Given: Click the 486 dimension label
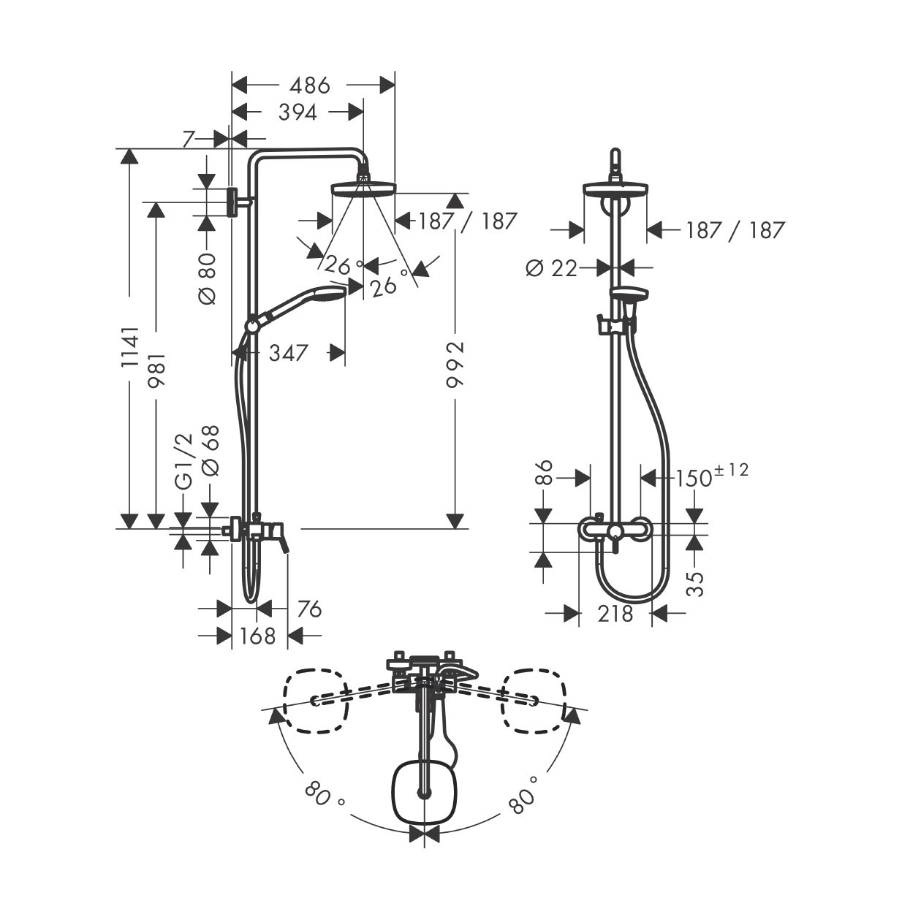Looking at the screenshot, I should [x=309, y=85].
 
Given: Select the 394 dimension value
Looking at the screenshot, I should [x=297, y=113].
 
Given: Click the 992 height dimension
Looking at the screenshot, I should [x=455, y=365].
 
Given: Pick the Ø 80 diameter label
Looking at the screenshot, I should [x=208, y=278].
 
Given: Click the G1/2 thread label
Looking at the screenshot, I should [x=183, y=460].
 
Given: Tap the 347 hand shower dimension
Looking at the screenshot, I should [x=288, y=354].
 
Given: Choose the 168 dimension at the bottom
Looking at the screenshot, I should [x=258, y=636].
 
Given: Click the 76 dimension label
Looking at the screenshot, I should [x=308, y=609].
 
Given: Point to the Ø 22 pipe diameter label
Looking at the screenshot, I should [x=552, y=269].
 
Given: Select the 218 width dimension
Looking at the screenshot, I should [x=615, y=614].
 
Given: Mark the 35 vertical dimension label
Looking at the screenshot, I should [x=697, y=583].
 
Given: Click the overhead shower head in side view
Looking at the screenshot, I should [x=363, y=189].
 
